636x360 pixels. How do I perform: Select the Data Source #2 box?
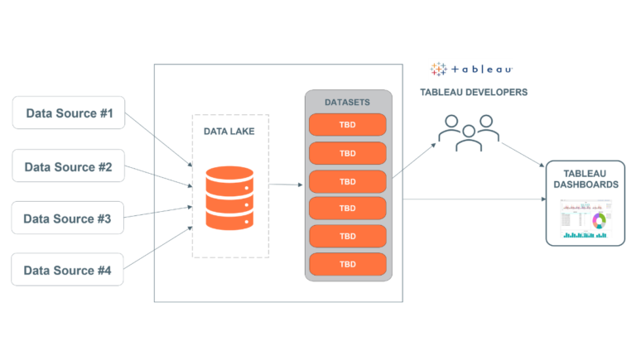pos(69,166)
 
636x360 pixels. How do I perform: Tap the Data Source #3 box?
pos(68,218)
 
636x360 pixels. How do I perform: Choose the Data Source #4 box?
pos(68,270)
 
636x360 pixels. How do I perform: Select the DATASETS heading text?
pos(347,103)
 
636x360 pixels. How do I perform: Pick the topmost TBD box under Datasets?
pos(348,125)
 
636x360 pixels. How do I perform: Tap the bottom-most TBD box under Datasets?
pos(348,264)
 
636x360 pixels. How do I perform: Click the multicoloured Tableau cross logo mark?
pos(438,70)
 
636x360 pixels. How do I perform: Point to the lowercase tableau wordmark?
pos(483,70)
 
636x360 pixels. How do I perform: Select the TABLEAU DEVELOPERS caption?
pos(473,92)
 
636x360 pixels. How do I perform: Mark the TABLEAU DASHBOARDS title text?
pos(585,178)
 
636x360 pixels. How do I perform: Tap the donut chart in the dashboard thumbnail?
pos(599,220)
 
